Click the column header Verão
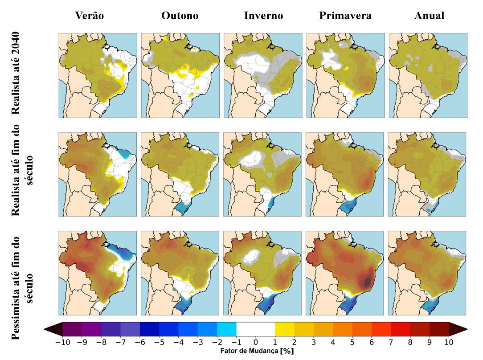click(x=90, y=16)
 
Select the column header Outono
click(x=180, y=16)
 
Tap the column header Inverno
click(x=263, y=16)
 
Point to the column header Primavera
click(x=345, y=16)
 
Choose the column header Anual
click(x=429, y=16)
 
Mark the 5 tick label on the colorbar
click(x=352, y=343)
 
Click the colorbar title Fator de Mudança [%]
click(x=256, y=351)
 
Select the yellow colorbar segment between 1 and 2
click(x=285, y=329)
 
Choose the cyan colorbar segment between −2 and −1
click(x=227, y=329)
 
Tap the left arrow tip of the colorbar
click(x=45, y=329)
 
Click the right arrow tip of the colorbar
click(x=466, y=329)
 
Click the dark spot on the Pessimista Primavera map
click(x=367, y=281)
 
